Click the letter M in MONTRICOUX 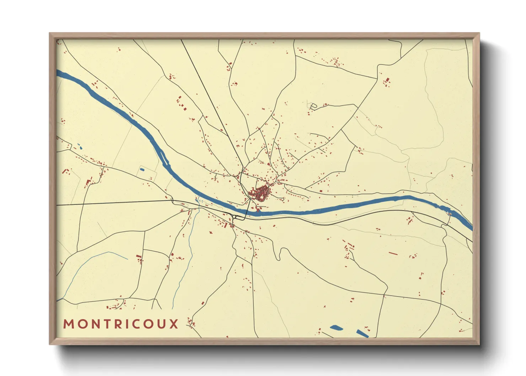[x=68, y=324]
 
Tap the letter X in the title [x=174, y=324]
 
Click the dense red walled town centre [x=261, y=193]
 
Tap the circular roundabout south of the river [x=236, y=217]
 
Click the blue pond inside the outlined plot [x=142, y=170]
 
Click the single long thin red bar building [x=393, y=253]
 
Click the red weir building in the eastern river [x=449, y=214]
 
